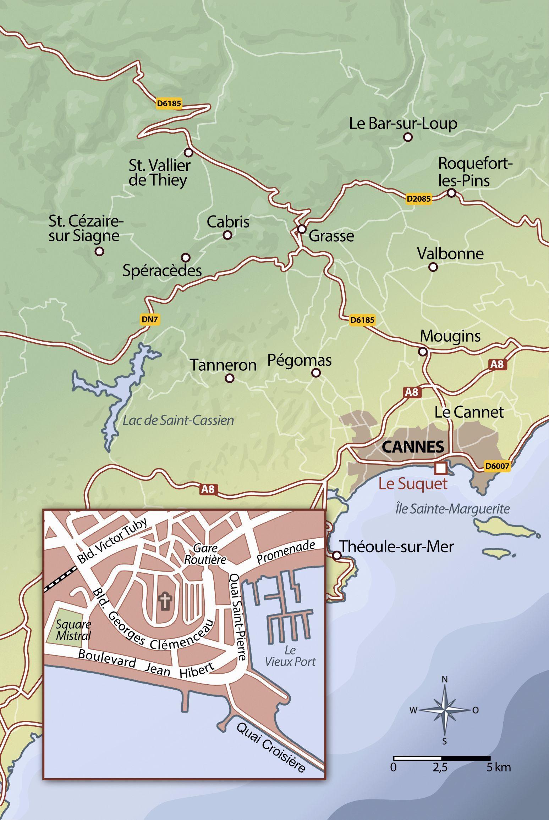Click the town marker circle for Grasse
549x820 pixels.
click(x=302, y=229)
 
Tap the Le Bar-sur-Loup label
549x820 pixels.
click(x=403, y=124)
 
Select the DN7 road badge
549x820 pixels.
click(x=149, y=319)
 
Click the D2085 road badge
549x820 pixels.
click(x=419, y=198)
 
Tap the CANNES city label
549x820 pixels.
click(x=413, y=447)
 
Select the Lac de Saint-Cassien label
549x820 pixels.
click(x=178, y=421)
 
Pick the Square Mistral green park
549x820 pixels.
click(x=68, y=626)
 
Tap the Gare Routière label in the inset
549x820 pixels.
click(x=210, y=554)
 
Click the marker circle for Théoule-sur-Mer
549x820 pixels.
click(x=336, y=555)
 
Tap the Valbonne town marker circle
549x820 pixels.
click(x=433, y=267)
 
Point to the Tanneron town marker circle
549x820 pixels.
click(x=230, y=378)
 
